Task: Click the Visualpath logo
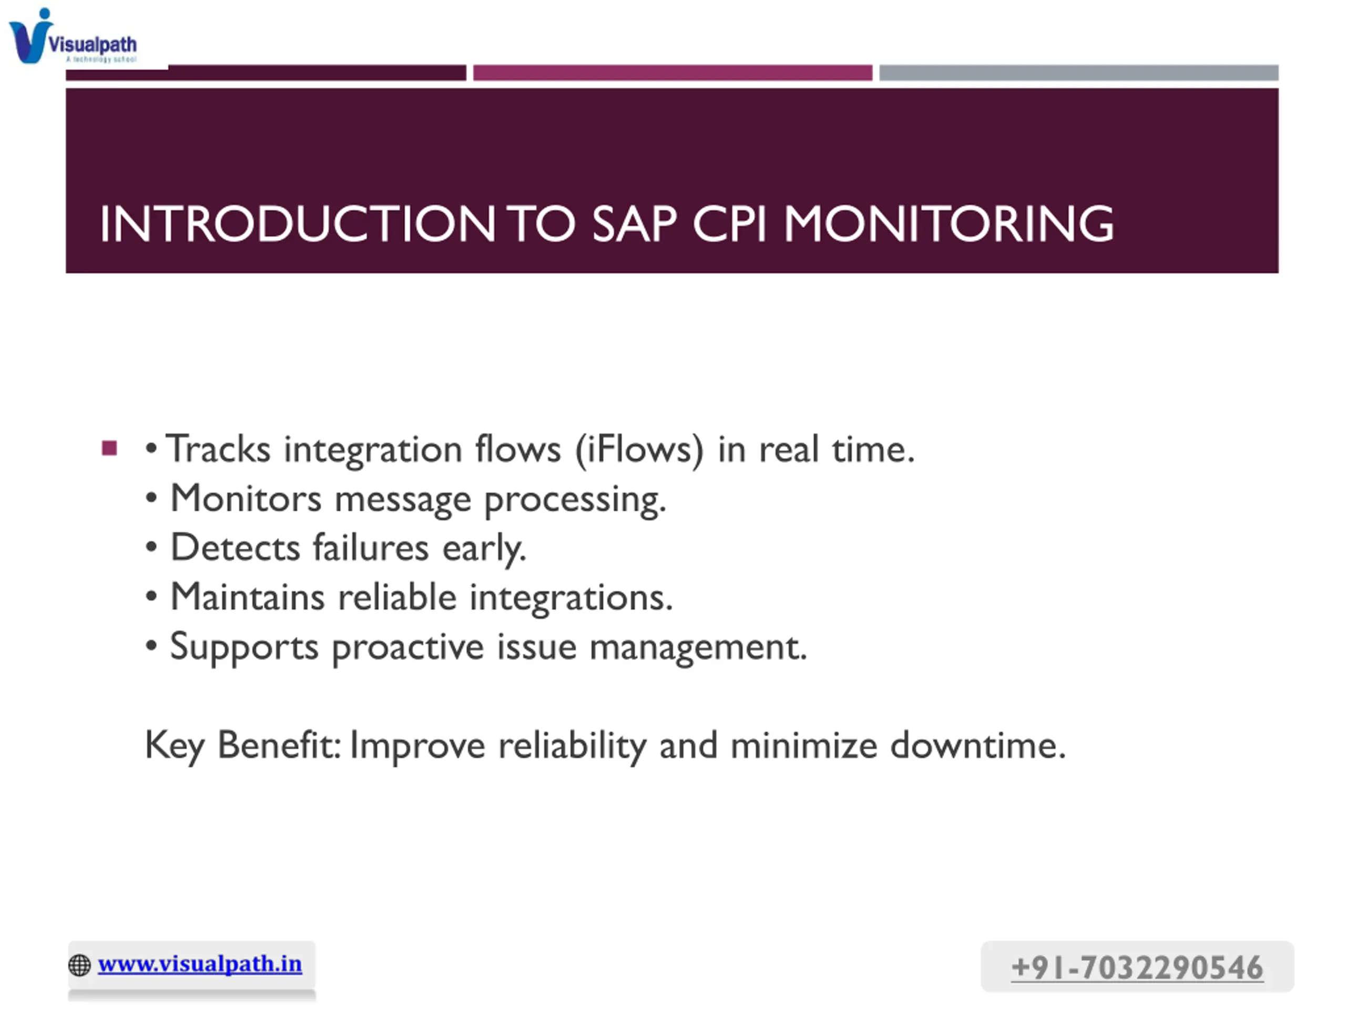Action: (x=73, y=36)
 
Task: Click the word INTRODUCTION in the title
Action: (x=298, y=224)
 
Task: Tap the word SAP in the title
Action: (x=634, y=224)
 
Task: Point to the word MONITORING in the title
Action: (x=949, y=224)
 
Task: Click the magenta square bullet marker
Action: (x=109, y=448)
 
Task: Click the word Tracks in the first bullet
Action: (x=218, y=449)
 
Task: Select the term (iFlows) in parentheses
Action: (x=639, y=450)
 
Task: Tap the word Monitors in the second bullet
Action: (x=246, y=499)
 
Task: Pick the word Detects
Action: (x=236, y=548)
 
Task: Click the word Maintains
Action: (x=248, y=596)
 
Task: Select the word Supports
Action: (x=244, y=647)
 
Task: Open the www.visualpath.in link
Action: (x=200, y=964)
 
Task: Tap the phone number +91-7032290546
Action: (x=1137, y=967)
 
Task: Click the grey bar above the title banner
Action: (x=1078, y=73)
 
